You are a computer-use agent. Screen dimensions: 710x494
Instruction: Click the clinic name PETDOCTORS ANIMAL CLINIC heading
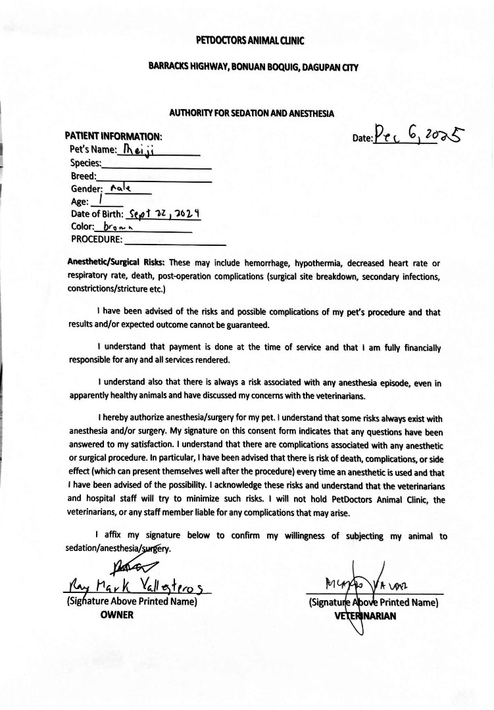coord(250,40)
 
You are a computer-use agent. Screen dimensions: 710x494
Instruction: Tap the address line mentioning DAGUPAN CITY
coord(253,68)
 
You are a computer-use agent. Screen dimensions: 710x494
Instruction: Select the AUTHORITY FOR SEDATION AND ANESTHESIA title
coord(252,113)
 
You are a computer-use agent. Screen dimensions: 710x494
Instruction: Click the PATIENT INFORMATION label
coord(113,136)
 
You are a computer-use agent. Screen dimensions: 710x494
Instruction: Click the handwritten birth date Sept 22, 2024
coord(164,214)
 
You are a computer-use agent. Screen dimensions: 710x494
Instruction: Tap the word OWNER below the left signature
coord(117,615)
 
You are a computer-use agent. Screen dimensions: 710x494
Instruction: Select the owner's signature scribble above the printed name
coord(130,564)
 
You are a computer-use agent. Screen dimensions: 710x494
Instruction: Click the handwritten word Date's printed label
coord(363,138)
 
